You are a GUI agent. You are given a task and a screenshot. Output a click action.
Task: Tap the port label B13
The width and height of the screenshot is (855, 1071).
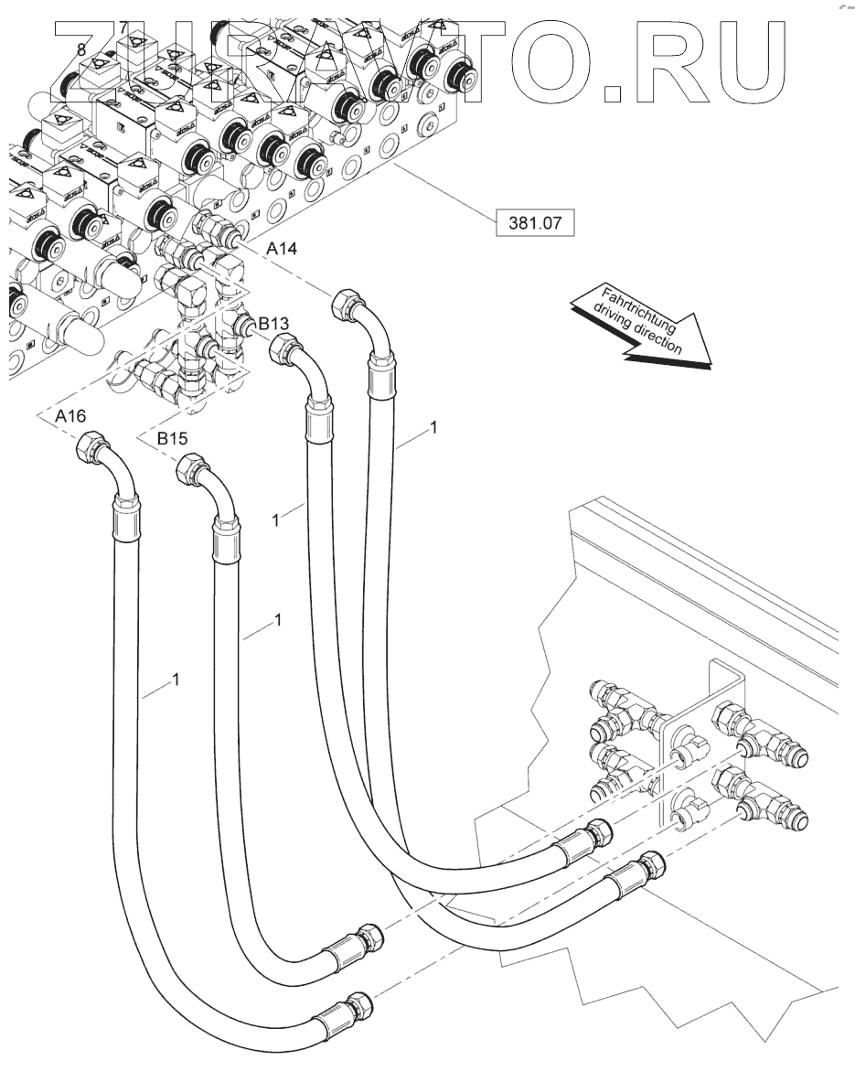pyautogui.click(x=273, y=323)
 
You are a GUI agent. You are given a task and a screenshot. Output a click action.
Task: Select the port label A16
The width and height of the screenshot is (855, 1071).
pyautogui.click(x=70, y=417)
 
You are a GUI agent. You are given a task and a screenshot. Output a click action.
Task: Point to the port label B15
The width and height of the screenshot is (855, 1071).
pyautogui.click(x=172, y=440)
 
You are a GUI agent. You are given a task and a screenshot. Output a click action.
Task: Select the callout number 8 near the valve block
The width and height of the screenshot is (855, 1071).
pyautogui.click(x=82, y=50)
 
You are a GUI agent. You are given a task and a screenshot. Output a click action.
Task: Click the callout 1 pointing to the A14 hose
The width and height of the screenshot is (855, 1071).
pyautogui.click(x=433, y=426)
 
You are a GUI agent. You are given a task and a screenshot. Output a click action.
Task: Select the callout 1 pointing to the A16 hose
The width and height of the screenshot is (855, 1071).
pyautogui.click(x=175, y=680)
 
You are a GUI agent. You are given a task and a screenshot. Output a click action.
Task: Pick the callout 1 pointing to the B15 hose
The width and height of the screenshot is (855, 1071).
pyautogui.click(x=277, y=622)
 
